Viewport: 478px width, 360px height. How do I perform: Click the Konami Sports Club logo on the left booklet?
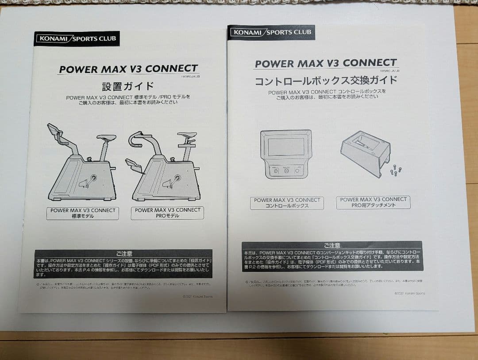(77, 39)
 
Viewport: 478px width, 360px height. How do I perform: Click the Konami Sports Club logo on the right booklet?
(271, 32)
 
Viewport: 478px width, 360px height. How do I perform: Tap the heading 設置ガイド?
(128, 86)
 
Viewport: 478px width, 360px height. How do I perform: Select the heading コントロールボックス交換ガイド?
(325, 81)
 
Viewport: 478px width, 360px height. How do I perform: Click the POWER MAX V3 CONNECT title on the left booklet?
(128, 69)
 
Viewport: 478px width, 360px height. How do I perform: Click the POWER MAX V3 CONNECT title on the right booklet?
(326, 63)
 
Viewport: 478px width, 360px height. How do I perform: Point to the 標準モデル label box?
(83, 213)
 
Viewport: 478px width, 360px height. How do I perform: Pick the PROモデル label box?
(167, 213)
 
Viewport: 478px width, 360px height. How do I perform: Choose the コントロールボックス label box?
(286, 203)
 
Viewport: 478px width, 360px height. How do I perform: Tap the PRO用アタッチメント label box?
(373, 202)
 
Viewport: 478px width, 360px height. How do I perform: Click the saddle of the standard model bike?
(106, 138)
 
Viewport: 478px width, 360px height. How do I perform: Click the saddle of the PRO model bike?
(187, 135)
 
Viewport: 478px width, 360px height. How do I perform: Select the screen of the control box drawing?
(286, 147)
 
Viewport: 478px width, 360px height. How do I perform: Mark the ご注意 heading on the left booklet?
(124, 254)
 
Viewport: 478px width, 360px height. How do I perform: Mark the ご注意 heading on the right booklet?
(332, 245)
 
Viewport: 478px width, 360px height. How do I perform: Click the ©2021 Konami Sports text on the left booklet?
(197, 296)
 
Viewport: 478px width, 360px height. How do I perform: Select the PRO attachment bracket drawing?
(365, 152)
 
